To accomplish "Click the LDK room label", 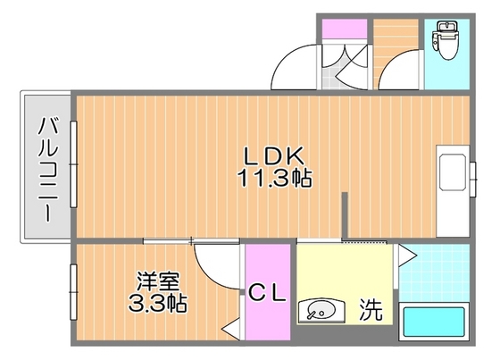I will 273,154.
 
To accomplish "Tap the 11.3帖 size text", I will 273,178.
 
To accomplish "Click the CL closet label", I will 266,294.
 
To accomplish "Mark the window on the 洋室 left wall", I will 73,291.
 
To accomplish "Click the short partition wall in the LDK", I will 345,213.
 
